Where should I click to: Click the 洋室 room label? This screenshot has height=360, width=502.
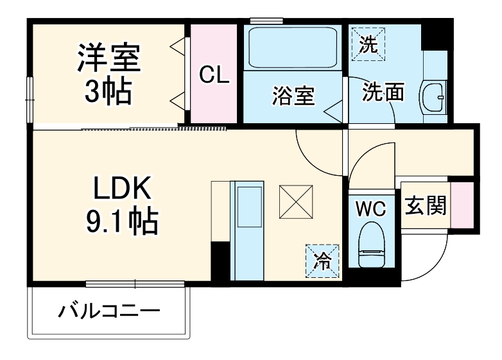(108, 58)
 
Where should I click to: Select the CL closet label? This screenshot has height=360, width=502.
(213, 75)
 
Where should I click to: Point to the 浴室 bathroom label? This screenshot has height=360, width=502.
(293, 96)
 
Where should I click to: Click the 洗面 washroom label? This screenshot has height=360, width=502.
(383, 92)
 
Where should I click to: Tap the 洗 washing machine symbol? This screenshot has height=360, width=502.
(368, 44)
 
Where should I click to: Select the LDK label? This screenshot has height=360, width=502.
(122, 189)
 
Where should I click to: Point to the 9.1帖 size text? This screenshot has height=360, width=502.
(122, 223)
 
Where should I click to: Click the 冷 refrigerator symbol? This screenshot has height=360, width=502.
(323, 261)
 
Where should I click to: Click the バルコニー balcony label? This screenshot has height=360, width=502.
(108, 313)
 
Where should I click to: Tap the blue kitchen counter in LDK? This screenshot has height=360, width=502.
(247, 231)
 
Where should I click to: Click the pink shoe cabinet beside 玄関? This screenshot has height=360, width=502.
(462, 205)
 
